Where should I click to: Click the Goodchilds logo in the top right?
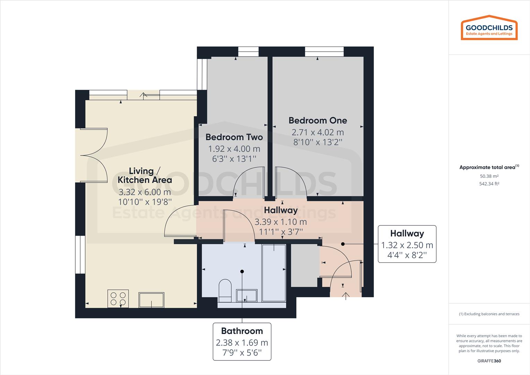tap(489, 27)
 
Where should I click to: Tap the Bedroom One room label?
tap(317, 120)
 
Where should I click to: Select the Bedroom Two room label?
tap(234, 137)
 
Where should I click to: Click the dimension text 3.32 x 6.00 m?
tap(145, 192)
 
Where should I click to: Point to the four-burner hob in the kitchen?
tap(118, 299)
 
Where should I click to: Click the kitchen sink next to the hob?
tap(151, 300)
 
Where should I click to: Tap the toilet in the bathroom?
tap(225, 290)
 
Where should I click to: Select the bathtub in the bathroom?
tap(274, 273)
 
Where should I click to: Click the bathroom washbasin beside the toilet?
tap(247, 295)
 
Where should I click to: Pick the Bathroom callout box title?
tap(242, 331)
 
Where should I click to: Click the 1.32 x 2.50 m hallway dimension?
tap(407, 245)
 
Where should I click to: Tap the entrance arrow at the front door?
tap(345, 296)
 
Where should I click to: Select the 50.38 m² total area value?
tap(489, 176)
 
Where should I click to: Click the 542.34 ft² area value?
tap(489, 184)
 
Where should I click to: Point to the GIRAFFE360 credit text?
tap(489, 361)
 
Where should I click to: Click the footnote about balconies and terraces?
tap(489, 314)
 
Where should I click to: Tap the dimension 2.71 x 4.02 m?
tap(317, 132)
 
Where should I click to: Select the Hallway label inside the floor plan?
tap(281, 210)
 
